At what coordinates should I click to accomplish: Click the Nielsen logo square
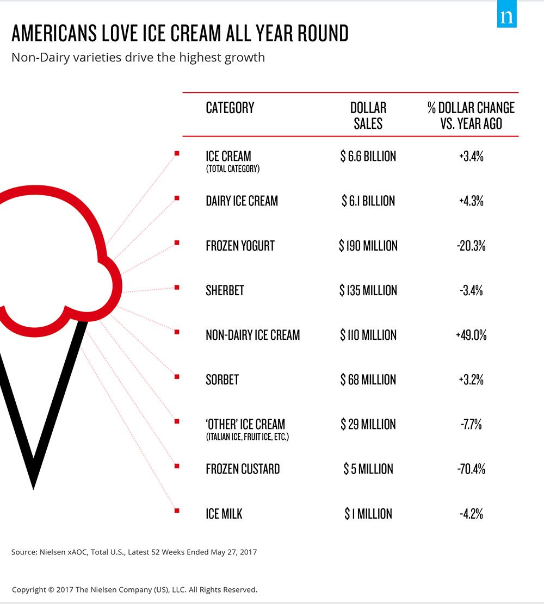pos(506,17)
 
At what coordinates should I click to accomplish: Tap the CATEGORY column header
pos(230,108)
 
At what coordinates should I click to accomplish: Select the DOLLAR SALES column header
pos(368,115)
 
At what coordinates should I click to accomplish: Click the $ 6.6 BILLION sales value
pos(368,157)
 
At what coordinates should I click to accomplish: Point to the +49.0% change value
pos(471,335)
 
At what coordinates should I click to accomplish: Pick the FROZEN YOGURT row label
pos(240,246)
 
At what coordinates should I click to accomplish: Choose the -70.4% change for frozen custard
pos(471,469)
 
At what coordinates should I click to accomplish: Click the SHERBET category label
pos(225,290)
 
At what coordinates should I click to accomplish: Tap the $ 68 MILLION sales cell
pos(368,379)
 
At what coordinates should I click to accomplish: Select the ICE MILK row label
pos(224,513)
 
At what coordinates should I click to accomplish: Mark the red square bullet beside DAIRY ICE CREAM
pos(177,198)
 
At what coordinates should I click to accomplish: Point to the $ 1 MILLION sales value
pos(368,513)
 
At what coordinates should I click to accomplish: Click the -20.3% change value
pos(471,246)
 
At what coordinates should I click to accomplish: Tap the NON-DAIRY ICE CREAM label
pos(252,335)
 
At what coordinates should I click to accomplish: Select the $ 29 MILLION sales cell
pos(368,424)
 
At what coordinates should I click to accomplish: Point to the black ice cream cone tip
pos(34,481)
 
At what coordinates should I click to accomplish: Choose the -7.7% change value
pos(471,424)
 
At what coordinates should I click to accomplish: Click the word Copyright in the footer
pos(29,589)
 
